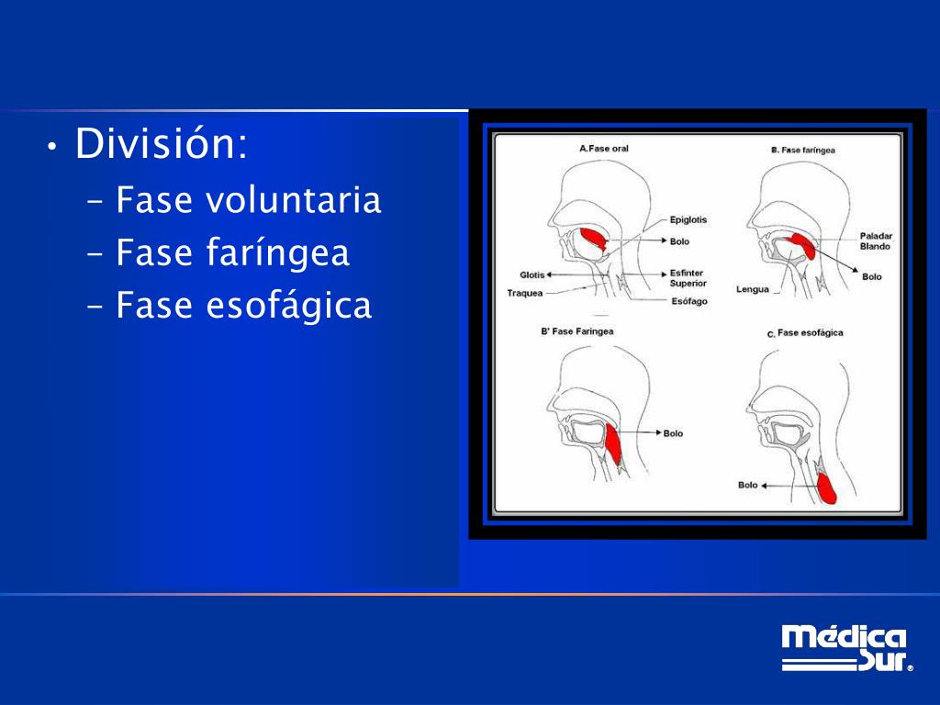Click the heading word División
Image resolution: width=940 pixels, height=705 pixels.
point(161,144)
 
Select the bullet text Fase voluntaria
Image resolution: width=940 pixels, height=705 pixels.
point(248,200)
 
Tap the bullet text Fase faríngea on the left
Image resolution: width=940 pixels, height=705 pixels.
point(232,253)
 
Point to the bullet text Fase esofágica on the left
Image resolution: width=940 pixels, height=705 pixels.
point(243,306)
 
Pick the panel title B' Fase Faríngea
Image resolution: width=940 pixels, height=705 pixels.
point(577,331)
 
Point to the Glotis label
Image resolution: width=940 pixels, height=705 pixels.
point(532,274)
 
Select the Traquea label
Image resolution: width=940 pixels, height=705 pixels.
point(525,294)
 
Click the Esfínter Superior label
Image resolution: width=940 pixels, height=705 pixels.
point(688,278)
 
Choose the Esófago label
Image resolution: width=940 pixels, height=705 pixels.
point(689,301)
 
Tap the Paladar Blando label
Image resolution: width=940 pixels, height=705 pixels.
point(876,241)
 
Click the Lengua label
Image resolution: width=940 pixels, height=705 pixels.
point(752,289)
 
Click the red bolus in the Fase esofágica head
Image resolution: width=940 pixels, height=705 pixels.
point(826,487)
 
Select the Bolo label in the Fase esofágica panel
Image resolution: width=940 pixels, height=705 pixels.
point(748,485)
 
